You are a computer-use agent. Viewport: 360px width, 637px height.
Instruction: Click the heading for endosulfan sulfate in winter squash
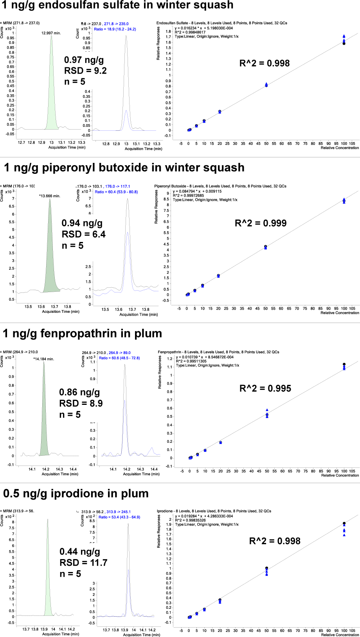pos(117,5)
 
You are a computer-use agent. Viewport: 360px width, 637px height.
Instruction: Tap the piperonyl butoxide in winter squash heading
pos(124,168)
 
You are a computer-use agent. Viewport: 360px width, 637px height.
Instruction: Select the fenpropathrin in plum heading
pos(82,334)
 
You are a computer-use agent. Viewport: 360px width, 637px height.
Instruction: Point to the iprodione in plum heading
pos(76,493)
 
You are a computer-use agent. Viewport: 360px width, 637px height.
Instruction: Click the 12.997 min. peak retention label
pos(51,33)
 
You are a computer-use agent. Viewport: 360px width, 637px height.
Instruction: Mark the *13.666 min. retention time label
pos(50,196)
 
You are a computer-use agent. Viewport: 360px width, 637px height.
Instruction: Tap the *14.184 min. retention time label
pos(43,359)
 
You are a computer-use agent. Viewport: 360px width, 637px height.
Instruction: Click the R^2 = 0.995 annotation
pos(265,388)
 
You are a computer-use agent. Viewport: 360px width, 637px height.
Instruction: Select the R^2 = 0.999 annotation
pos(261,223)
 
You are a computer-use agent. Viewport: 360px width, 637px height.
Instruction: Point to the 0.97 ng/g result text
pos(84,60)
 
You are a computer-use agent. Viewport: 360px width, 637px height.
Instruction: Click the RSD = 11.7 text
pos(83,563)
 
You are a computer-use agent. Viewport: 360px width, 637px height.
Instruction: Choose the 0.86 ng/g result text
pos(79,392)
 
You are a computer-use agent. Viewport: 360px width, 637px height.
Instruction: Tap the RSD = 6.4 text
pos(84,234)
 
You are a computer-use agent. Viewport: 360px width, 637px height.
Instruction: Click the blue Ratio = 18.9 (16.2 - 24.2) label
pos(115,29)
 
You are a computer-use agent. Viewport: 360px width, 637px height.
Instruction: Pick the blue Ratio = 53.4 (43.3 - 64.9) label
pos(119,517)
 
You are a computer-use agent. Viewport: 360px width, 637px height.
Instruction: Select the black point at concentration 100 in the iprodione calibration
pos(344,523)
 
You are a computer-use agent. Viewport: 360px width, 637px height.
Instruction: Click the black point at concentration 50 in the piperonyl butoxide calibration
pos(266,247)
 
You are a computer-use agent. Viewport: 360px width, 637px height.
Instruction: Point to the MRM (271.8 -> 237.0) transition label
pos(20,23)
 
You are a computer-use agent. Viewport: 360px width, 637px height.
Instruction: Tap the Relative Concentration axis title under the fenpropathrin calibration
pos(340,475)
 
